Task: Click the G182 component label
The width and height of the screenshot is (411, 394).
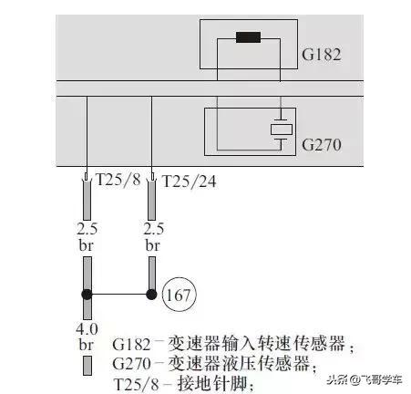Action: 321,55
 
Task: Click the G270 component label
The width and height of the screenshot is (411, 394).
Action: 321,145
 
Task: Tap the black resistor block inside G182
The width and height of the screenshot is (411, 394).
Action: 248,37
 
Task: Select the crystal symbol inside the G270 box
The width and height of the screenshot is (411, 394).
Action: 282,130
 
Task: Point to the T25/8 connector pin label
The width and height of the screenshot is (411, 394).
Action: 118,180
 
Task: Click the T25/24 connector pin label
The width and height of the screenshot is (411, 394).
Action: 190,181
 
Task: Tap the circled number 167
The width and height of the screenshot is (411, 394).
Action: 180,295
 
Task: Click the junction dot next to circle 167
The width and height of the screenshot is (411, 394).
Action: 151,295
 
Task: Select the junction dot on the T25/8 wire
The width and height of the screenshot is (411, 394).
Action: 87,295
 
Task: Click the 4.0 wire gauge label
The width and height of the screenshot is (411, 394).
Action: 87,329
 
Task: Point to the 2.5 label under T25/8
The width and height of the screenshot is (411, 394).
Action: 87,229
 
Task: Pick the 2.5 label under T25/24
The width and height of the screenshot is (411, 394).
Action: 153,229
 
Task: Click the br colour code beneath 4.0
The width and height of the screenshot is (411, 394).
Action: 87,345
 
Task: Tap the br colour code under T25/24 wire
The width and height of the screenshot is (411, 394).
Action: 152,245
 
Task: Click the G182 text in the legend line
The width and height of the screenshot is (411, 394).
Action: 131,345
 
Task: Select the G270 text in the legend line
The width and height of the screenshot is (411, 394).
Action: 131,364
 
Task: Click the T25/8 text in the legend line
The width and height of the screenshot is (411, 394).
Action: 137,384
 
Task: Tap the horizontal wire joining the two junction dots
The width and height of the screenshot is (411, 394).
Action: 119,295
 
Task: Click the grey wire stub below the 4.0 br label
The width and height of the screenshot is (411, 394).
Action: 87,366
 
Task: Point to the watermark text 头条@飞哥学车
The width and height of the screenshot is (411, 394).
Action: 365,379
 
